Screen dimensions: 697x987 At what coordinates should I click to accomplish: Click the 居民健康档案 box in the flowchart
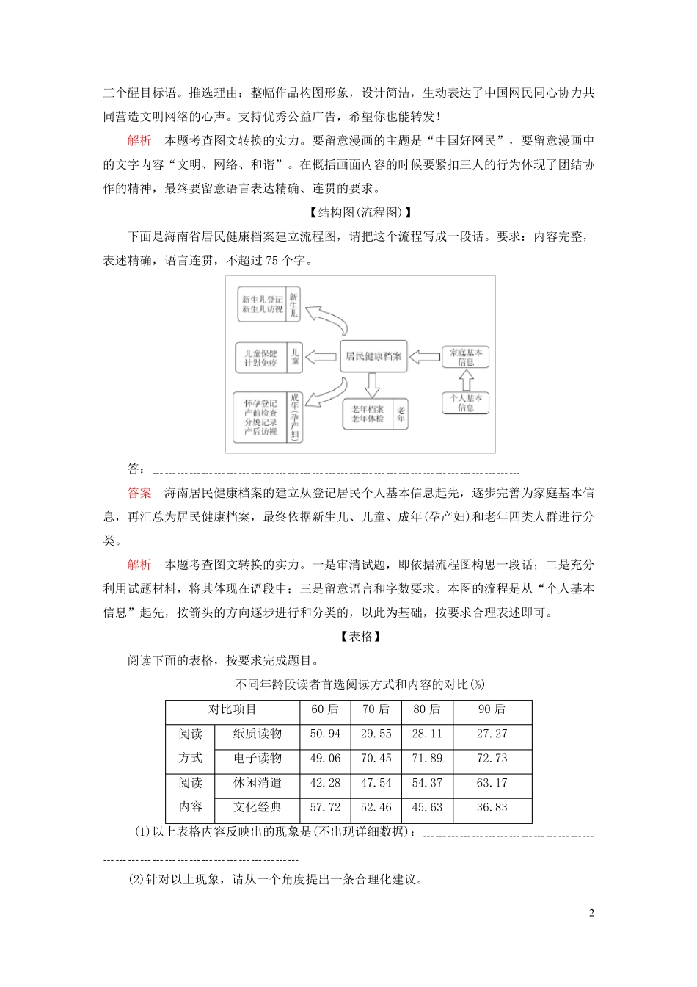[373, 356]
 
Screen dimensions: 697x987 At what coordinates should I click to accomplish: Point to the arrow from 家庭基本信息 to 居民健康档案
[424, 357]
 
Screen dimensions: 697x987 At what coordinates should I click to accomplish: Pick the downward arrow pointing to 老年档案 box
[373, 384]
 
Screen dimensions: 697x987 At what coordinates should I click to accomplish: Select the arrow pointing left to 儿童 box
[321, 357]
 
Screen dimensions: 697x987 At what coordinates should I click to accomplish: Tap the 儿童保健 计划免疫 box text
[260, 358]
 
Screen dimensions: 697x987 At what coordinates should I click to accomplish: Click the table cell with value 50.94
[325, 734]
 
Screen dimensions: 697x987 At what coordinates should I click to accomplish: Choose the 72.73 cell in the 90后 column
[492, 758]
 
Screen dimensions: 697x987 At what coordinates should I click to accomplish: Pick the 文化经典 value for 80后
[427, 807]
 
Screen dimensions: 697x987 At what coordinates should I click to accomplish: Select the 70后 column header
[376, 709]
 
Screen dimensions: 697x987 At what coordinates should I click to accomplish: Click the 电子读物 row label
[257, 758]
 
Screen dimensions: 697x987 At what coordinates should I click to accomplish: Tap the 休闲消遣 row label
[257, 783]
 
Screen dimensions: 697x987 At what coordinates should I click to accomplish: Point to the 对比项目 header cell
[233, 709]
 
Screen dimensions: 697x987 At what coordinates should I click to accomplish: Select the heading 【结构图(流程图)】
[361, 212]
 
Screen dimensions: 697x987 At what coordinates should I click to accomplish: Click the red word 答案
[139, 493]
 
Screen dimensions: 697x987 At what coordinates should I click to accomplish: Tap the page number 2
[591, 913]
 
